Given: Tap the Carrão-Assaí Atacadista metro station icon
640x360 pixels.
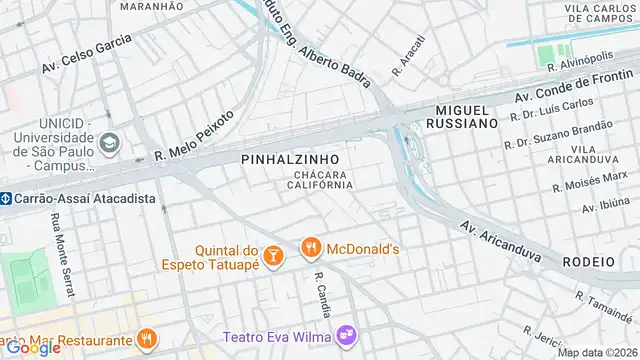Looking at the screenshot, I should point(5,198).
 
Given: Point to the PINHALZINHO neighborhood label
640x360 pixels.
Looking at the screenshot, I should point(290,159).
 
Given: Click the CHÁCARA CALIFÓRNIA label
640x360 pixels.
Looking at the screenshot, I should point(320,180).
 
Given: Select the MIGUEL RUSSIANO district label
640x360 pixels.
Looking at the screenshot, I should point(462,115).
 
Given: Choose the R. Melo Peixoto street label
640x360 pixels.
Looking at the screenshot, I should point(194,136).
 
